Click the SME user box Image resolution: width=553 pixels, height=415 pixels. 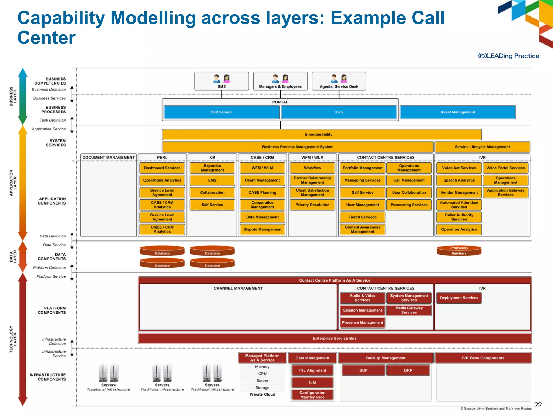(x=221, y=81)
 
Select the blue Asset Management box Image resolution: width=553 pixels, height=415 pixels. (x=458, y=112)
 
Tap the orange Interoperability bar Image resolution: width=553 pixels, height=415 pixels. (x=319, y=135)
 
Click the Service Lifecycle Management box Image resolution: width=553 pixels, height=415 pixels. (x=482, y=147)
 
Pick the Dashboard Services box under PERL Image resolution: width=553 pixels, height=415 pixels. (x=162, y=168)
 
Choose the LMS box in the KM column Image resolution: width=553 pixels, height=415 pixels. (x=212, y=180)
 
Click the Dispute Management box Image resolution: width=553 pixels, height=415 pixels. (x=262, y=229)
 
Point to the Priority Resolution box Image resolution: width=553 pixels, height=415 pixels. (x=312, y=205)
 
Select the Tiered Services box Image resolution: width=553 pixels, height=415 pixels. (x=362, y=217)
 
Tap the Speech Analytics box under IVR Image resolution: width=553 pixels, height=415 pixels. (x=459, y=180)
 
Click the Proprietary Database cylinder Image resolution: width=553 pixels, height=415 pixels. (x=459, y=251)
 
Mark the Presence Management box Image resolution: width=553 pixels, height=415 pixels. (x=362, y=322)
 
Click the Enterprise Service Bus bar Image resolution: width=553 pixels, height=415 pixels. (x=335, y=338)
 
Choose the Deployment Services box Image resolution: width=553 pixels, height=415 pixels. (x=459, y=298)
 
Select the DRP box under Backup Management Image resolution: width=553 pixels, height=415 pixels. (x=408, y=370)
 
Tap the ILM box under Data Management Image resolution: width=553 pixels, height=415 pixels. (x=312, y=382)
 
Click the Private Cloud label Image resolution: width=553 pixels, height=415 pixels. (x=262, y=394)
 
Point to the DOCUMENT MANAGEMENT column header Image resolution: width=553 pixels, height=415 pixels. (x=109, y=157)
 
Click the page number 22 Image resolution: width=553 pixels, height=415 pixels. (x=538, y=405)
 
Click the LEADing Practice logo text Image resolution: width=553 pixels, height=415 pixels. (x=509, y=56)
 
